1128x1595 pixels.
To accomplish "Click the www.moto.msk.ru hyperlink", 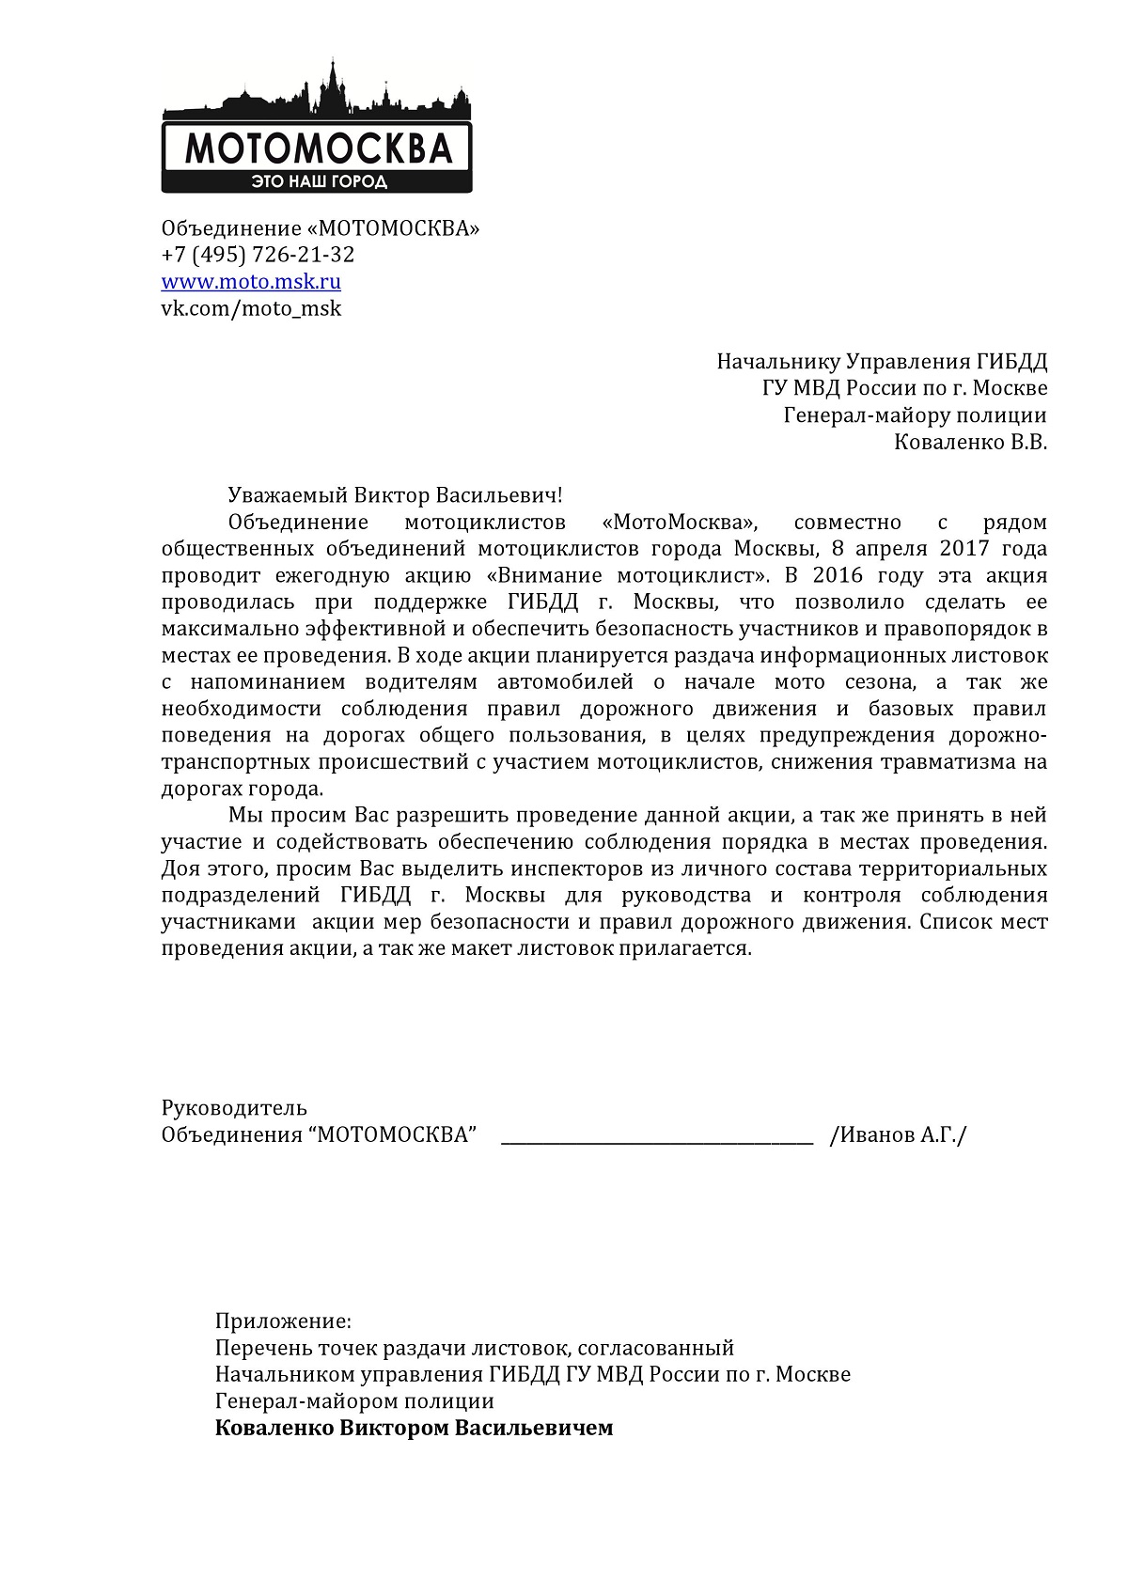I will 251,281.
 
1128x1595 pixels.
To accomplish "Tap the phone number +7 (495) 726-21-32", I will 258,255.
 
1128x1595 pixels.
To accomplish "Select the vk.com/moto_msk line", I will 251,308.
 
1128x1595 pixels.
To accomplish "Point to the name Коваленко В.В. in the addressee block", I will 970,442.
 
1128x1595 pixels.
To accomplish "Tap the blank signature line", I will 657,1139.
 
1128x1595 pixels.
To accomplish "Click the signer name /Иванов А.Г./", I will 898,1135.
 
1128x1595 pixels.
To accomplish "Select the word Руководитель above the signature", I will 234,1108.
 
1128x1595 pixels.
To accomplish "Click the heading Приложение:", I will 283,1321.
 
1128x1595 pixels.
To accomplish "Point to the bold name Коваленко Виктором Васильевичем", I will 414,1429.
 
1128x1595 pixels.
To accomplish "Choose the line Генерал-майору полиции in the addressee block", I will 915,415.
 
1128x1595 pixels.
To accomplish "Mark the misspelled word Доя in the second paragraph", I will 180,868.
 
